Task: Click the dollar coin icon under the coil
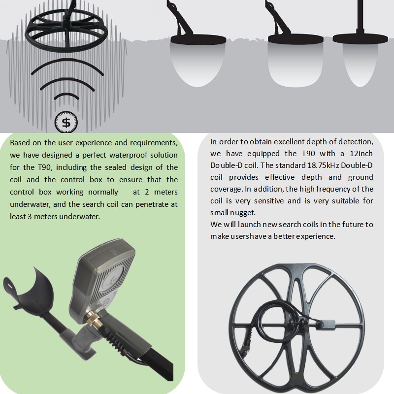[66, 122]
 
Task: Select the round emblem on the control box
[112, 278]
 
